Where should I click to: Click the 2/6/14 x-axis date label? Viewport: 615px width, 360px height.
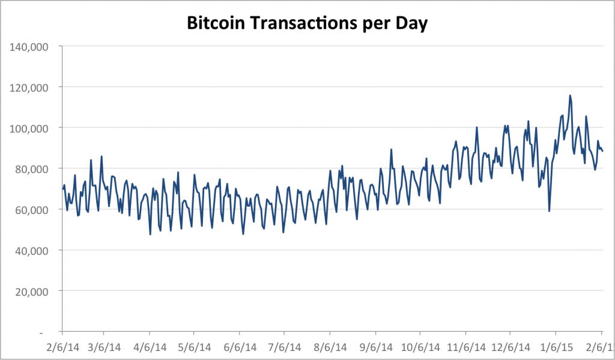point(61,347)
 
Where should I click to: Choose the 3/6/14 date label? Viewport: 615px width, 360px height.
point(103,347)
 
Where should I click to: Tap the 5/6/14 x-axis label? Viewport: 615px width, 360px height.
point(193,347)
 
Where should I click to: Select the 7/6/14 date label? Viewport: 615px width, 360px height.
point(284,347)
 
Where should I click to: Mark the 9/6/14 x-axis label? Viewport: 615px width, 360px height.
point(376,347)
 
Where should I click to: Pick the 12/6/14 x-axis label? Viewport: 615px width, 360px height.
point(510,347)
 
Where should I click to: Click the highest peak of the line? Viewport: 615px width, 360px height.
point(570,96)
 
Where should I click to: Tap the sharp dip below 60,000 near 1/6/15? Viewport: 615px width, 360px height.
point(549,210)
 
